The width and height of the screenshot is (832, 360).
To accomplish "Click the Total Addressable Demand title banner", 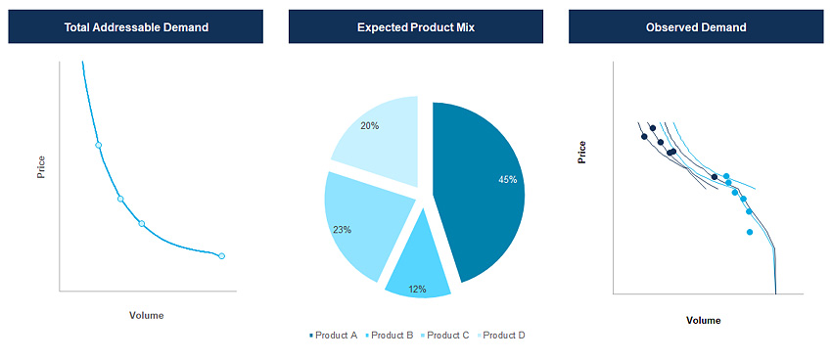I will tap(136, 27).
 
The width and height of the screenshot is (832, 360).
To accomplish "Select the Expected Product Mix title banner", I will tap(416, 27).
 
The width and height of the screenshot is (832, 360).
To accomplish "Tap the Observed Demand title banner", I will tap(696, 27).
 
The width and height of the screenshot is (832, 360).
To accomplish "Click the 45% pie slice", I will tap(480, 186).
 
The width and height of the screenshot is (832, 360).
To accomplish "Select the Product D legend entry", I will tap(503, 336).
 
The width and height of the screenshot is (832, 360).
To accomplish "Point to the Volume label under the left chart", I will tap(147, 316).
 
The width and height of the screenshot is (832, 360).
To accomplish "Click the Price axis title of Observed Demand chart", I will tap(582, 152).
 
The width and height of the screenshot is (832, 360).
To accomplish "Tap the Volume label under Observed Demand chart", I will tap(704, 321).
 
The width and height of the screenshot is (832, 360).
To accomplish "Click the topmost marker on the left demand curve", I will tap(98, 145).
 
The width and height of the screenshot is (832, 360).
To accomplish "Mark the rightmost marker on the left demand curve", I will tap(221, 256).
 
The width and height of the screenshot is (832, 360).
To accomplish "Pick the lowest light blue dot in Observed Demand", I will tap(750, 232).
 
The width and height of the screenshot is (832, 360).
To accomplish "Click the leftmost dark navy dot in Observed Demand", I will tap(644, 136).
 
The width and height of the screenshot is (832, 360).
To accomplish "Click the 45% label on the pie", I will tap(507, 180).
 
